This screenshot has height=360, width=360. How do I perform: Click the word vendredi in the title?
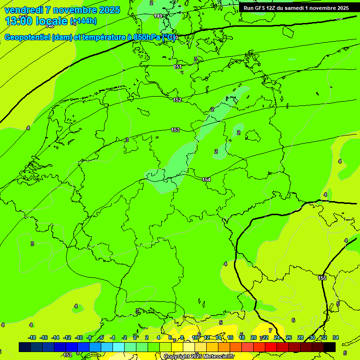click(24, 10)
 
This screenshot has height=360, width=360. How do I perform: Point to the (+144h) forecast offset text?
click(83, 21)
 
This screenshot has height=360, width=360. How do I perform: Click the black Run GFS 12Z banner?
click(296, 7)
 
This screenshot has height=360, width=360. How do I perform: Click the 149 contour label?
click(158, 16)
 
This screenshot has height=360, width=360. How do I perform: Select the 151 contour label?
click(178, 67)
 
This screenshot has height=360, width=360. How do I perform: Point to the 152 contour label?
click(177, 100)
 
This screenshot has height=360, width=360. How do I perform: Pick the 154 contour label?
click(206, 180)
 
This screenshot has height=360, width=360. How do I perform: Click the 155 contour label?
click(322, 278)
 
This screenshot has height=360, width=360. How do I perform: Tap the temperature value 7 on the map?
click(270, 330)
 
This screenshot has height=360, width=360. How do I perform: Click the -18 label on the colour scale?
click(32, 337)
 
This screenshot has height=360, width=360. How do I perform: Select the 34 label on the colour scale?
click(336, 337)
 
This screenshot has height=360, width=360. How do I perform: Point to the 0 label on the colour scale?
click(135, 337)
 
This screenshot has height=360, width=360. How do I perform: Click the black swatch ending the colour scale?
click(330, 347)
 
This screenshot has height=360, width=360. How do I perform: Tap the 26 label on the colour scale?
click(289, 337)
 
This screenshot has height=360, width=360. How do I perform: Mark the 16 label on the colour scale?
click(230, 337)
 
